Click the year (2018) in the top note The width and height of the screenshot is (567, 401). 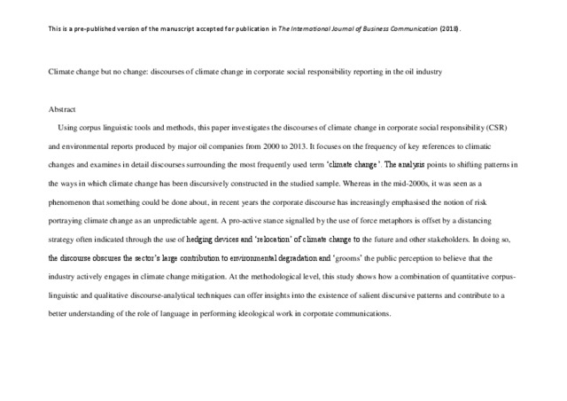451,28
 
